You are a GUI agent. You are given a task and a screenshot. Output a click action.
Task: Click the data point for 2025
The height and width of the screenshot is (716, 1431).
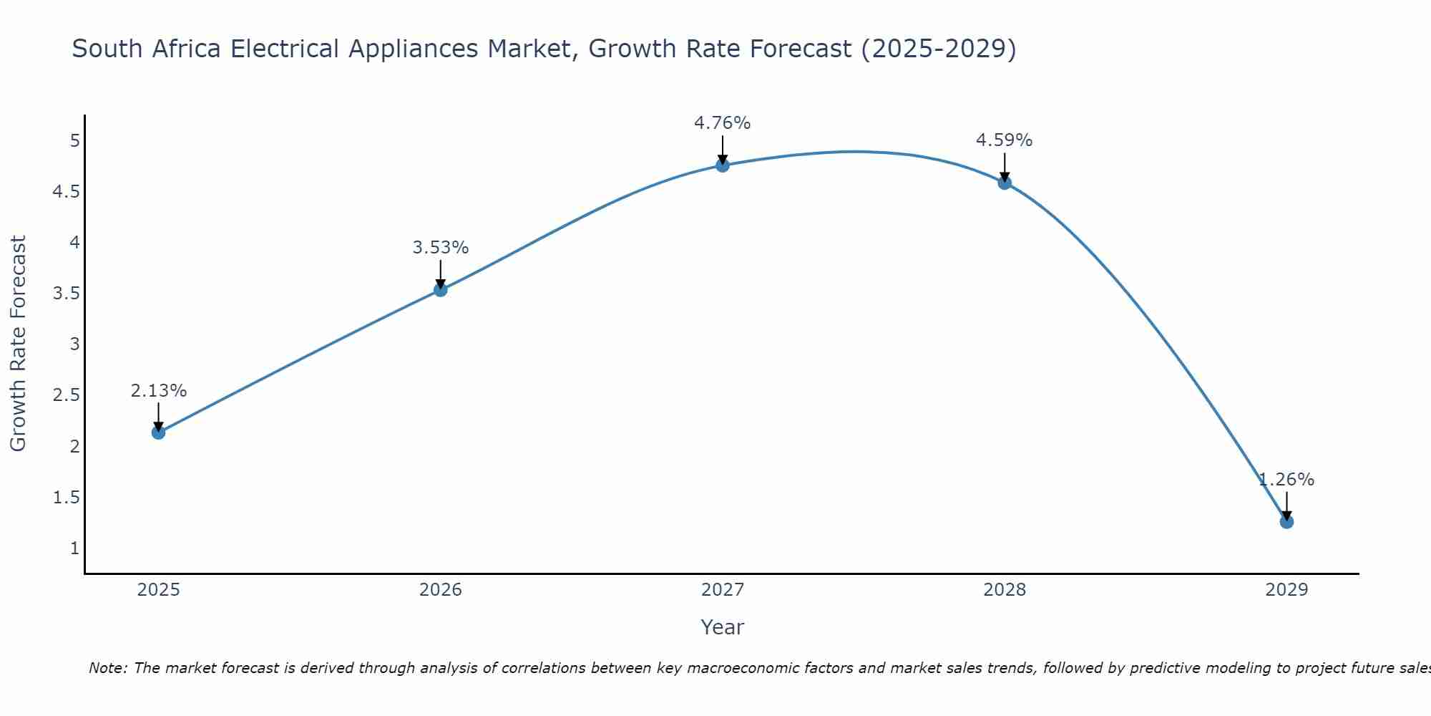[159, 432]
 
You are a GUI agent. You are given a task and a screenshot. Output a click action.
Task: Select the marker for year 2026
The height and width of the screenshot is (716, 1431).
[441, 290]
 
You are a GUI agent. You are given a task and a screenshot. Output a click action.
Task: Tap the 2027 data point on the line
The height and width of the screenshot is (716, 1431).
[723, 165]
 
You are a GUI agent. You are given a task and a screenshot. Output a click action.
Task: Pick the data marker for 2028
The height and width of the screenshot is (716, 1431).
[1005, 183]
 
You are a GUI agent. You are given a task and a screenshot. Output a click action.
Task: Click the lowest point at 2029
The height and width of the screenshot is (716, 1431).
[1286, 522]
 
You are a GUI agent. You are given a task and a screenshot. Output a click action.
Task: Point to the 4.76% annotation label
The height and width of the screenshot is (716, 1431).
[722, 123]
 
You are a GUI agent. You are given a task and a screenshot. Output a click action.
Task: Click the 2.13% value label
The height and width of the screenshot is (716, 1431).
[158, 391]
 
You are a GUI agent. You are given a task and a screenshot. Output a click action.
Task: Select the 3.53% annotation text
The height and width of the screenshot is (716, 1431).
[440, 248]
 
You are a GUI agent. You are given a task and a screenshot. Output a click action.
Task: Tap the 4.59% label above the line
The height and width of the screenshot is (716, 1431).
[1004, 140]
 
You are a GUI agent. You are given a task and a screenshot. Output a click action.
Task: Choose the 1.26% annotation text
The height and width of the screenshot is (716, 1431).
[1286, 480]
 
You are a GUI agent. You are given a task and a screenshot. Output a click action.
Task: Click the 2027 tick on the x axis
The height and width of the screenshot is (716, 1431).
[723, 590]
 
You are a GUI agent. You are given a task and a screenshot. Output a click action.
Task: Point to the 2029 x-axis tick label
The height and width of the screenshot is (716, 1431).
[1286, 590]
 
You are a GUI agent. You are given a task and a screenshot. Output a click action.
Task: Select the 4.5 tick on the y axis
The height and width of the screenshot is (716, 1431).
[66, 192]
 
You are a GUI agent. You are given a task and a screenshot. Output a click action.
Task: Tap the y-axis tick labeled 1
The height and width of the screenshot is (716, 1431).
[74, 548]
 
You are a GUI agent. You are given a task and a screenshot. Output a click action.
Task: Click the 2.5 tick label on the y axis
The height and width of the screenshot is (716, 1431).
[66, 395]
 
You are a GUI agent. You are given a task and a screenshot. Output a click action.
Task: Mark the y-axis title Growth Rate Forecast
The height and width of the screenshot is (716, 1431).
[18, 344]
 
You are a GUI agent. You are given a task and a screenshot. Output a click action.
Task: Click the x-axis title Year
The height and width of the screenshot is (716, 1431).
[722, 627]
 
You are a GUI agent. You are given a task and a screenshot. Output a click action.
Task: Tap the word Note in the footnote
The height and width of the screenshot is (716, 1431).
[107, 668]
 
